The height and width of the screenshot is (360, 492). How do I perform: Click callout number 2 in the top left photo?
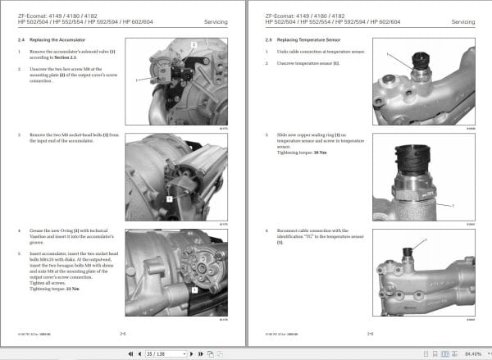pyautogui.click(x=193, y=43)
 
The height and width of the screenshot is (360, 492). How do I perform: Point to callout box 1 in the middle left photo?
pyautogui.click(x=168, y=198)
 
